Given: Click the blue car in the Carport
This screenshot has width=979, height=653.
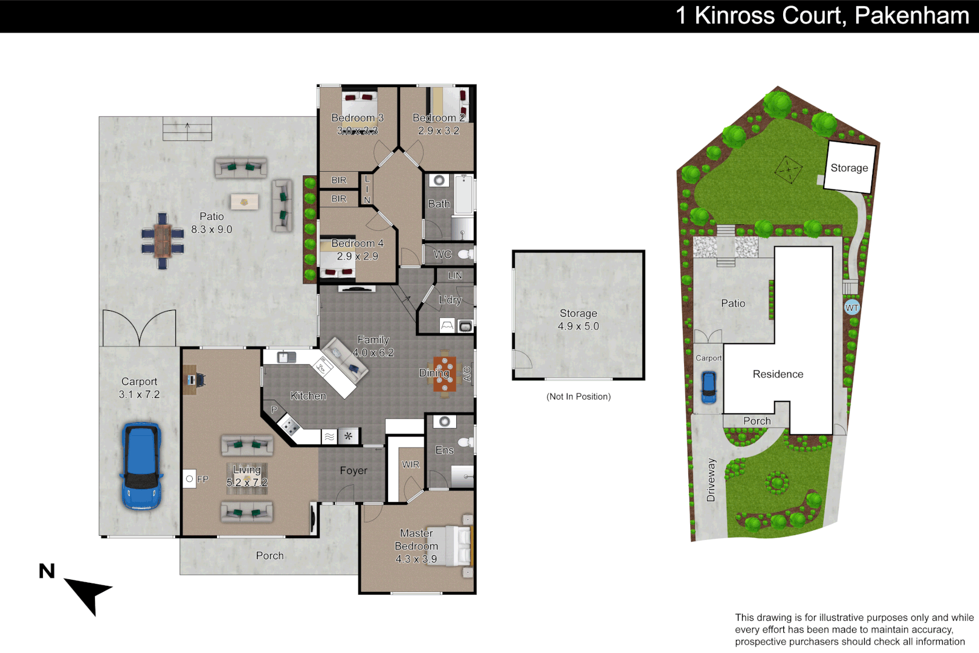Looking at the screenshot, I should click(x=141, y=466).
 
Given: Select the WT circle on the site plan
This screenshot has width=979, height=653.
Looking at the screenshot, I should click(x=851, y=308).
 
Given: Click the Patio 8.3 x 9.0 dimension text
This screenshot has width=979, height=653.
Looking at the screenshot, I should click(x=212, y=230).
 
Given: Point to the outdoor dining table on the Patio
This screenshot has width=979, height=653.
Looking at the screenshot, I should click(x=162, y=241).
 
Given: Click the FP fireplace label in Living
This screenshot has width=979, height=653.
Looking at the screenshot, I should click(x=202, y=479).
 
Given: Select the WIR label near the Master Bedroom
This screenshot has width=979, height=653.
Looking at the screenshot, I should click(x=410, y=464).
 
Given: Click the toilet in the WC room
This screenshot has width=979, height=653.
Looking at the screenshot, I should click(x=465, y=255).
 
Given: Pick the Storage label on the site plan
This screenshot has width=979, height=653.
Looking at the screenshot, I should click(x=849, y=168).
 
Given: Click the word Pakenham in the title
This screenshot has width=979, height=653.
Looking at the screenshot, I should click(x=911, y=16).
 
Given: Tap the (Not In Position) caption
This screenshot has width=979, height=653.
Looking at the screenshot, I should click(x=578, y=397).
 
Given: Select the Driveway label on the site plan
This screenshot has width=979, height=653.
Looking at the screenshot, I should click(x=711, y=480).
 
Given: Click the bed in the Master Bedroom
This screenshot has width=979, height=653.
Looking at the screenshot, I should click(x=458, y=545).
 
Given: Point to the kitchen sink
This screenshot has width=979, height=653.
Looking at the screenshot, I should click(x=286, y=357).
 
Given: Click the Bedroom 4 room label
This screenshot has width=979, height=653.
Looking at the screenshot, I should click(x=357, y=243).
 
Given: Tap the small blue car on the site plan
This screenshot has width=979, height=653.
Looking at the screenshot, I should click(x=708, y=387).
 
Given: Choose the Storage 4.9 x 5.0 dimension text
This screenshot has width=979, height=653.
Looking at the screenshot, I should click(x=578, y=326).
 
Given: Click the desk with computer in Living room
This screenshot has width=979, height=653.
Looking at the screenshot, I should click(x=191, y=380).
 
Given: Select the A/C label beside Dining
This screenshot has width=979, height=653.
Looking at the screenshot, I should click(x=467, y=374).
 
